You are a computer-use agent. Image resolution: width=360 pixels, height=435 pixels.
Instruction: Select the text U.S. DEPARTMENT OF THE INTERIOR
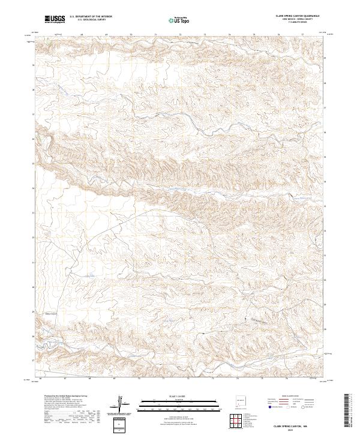click(x=91, y=17)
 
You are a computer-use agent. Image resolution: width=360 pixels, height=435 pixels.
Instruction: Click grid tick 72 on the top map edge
click(x=180, y=35)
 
